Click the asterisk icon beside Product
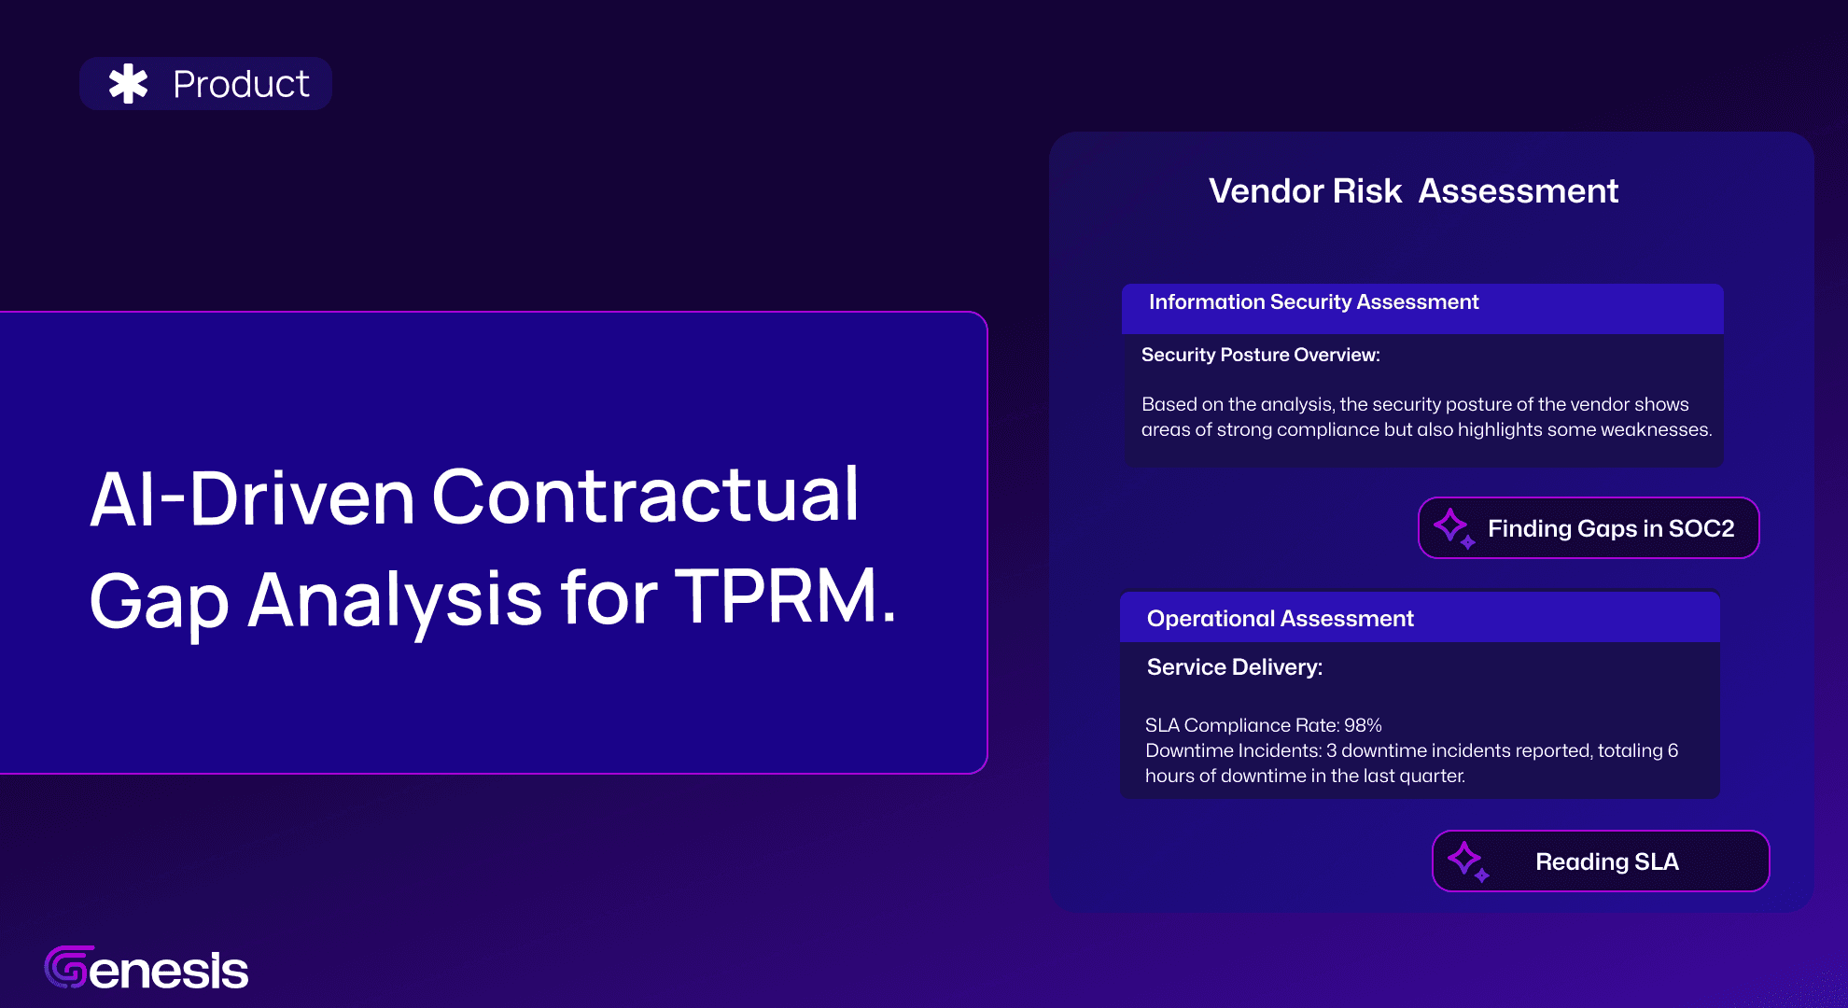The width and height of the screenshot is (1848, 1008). (x=129, y=84)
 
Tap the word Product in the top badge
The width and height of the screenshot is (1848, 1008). (x=241, y=84)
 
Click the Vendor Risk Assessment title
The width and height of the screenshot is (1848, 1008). (x=1413, y=190)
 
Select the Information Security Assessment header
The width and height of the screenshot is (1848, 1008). (x=1313, y=302)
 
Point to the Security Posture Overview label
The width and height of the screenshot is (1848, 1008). (x=1260, y=355)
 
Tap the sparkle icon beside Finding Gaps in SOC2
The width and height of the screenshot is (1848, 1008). (x=1454, y=528)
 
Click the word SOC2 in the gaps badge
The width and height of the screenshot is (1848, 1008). (x=1701, y=528)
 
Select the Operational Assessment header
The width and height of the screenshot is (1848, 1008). (x=1280, y=619)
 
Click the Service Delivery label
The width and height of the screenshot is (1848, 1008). (x=1234, y=667)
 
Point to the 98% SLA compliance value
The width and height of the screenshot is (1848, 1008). (x=1363, y=725)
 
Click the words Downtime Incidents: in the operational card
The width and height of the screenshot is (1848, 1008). (x=1233, y=750)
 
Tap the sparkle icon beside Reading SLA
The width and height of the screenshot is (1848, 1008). (x=1468, y=861)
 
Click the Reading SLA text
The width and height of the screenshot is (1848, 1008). (x=1607, y=861)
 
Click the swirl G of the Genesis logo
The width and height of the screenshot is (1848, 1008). (x=68, y=967)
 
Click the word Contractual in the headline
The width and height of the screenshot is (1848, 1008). (x=645, y=495)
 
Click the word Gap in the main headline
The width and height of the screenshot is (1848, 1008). (x=159, y=603)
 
